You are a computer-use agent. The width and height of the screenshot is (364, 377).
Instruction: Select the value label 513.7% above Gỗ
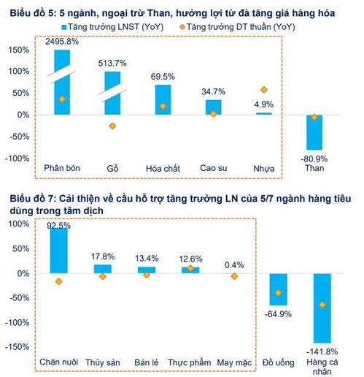112,62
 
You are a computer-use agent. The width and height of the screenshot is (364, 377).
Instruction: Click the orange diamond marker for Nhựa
264,90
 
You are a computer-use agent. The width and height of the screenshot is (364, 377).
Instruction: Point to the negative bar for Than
314,132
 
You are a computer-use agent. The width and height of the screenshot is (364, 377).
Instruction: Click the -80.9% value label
314,156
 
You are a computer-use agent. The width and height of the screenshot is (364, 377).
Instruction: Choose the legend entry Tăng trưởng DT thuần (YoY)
230,26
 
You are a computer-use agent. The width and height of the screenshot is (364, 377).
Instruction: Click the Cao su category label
214,169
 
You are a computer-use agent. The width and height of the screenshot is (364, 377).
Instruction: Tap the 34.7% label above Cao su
214,91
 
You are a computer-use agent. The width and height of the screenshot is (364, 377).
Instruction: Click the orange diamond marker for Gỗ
112,126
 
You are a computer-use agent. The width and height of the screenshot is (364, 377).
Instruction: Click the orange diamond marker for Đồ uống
278,292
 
